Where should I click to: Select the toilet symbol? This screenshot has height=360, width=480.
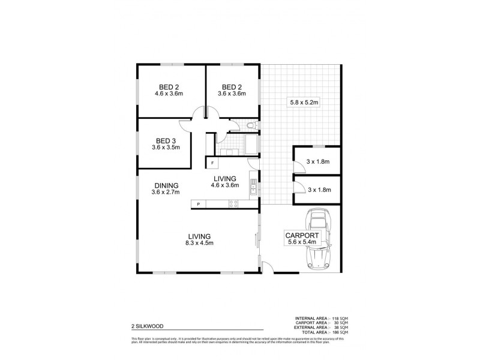point(252,125)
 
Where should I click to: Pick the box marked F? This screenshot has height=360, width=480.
point(212,163)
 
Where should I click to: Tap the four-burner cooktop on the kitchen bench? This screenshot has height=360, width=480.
point(233,205)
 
